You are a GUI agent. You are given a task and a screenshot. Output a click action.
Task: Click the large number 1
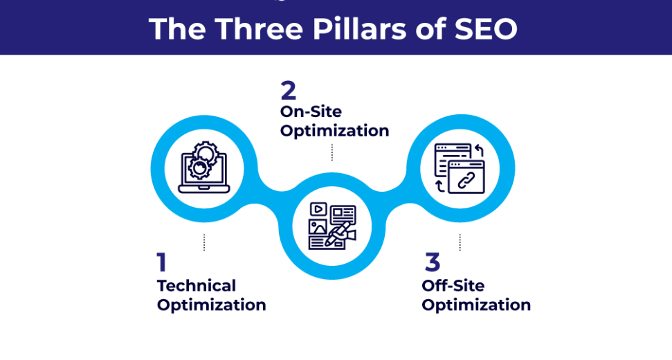[162, 262]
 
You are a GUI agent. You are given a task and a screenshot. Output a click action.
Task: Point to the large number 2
[288, 91]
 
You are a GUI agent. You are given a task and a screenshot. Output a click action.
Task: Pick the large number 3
[432, 262]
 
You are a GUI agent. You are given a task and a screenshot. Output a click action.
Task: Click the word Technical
[197, 285]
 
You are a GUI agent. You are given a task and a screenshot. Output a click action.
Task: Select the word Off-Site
[453, 285]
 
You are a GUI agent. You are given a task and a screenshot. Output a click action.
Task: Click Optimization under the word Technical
[211, 305]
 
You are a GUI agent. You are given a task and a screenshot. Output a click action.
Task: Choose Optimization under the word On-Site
[334, 130]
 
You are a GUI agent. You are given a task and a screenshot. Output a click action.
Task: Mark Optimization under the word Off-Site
[476, 305]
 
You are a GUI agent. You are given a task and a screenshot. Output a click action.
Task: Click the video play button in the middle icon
[318, 208]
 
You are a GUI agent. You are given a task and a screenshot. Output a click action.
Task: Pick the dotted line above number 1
[204, 242]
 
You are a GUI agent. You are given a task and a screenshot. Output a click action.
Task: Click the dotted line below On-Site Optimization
[332, 152]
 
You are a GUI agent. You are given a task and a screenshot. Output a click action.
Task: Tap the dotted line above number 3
[460, 242]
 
